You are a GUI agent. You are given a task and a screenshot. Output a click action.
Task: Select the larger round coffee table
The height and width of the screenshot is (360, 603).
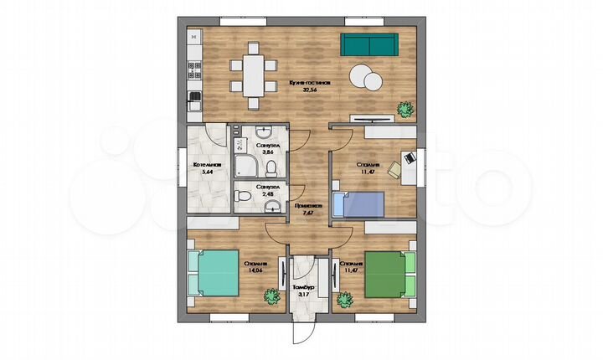(x=363, y=76)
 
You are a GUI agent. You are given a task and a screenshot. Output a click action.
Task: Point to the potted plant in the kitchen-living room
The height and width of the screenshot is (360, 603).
(x=405, y=108)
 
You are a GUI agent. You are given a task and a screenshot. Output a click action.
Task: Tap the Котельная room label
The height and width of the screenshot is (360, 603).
(x=206, y=165)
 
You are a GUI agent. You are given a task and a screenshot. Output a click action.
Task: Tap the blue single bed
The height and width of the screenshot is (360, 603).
(x=358, y=203)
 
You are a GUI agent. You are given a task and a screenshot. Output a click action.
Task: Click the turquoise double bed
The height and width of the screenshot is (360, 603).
(x=212, y=274)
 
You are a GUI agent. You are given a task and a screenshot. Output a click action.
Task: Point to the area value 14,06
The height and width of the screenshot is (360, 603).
(x=255, y=270)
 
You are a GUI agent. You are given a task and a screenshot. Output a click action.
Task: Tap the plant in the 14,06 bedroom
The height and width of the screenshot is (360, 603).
(x=271, y=296)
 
